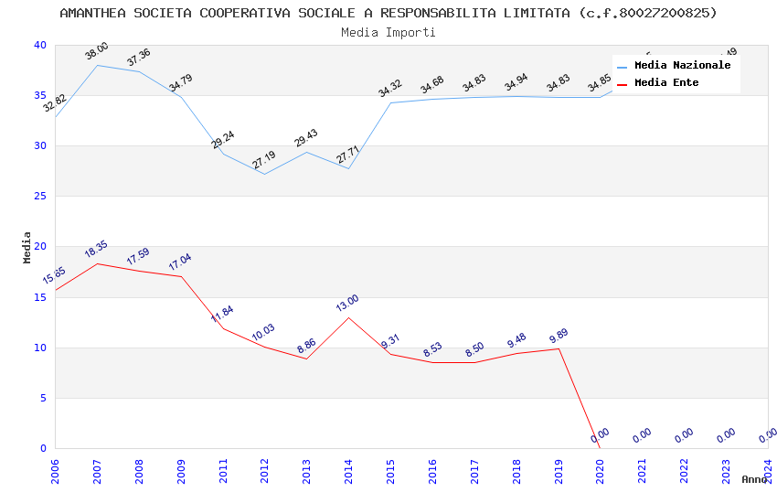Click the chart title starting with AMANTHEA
[x=388, y=13]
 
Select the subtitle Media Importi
[x=388, y=32]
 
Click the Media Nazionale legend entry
[x=682, y=66]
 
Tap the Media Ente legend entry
[x=666, y=83]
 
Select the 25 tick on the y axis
[x=40, y=196]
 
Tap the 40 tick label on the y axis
[x=40, y=45]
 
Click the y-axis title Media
[x=27, y=247]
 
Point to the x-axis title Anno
[x=754, y=479]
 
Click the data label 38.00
[x=97, y=51]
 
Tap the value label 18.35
[x=96, y=250]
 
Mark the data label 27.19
[x=264, y=160]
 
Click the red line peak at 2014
[x=348, y=317]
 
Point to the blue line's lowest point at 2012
[x=264, y=174]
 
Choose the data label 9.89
[x=559, y=335]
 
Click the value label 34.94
[x=516, y=84]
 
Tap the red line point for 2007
[x=97, y=263]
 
